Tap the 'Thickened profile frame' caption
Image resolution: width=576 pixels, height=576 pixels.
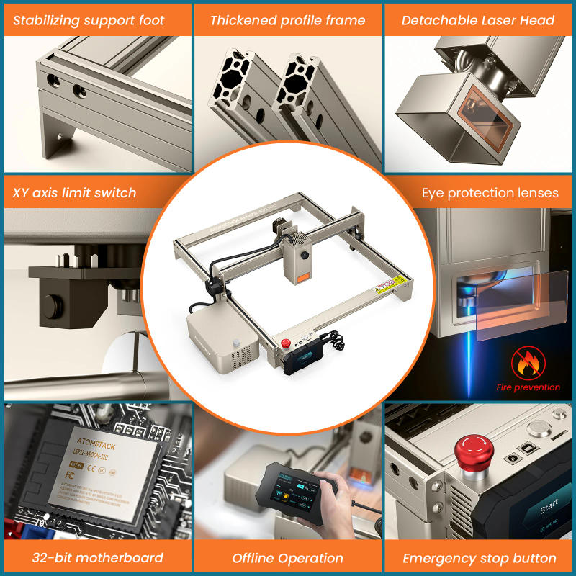click(288, 20)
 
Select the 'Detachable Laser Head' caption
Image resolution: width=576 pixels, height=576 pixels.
click(478, 20)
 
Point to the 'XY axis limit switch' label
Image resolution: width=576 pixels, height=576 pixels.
click(74, 192)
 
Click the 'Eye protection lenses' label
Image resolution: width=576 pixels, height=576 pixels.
click(490, 192)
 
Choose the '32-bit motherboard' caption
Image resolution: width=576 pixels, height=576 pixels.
click(97, 558)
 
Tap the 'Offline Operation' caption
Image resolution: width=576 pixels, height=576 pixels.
click(288, 558)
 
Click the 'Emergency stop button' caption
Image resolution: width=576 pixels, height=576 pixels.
click(479, 558)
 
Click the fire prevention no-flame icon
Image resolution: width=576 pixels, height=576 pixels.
click(528, 363)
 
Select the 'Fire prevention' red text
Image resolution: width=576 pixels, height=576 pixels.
click(528, 387)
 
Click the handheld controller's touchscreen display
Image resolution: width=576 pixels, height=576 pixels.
click(292, 488)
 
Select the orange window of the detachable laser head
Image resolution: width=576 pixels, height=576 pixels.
click(482, 124)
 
